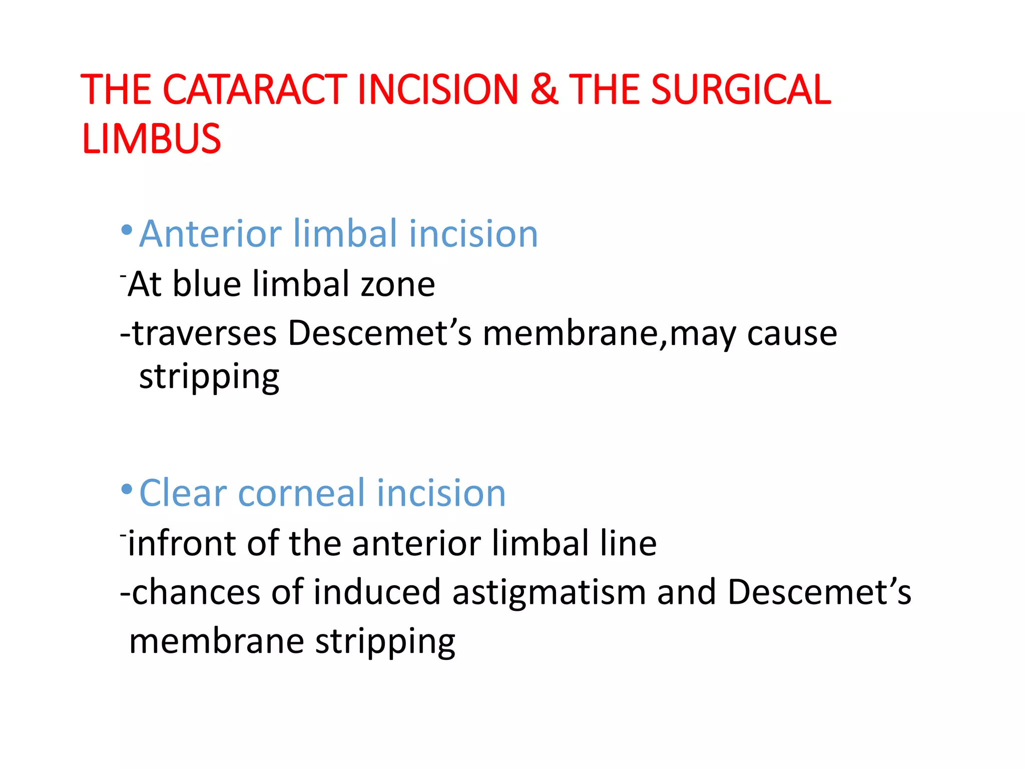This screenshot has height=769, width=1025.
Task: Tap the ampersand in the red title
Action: pyautogui.click(x=544, y=90)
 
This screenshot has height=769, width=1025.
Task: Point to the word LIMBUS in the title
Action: pyautogui.click(x=151, y=139)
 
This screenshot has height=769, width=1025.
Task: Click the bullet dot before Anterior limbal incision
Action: pyautogui.click(x=127, y=230)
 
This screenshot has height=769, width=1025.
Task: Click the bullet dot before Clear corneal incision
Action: pyautogui.click(x=127, y=489)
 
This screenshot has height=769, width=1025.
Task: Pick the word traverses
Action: pyautogui.click(x=204, y=334)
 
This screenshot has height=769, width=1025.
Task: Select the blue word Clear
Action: pyautogui.click(x=183, y=493)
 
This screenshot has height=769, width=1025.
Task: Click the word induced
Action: pyautogui.click(x=377, y=593)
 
